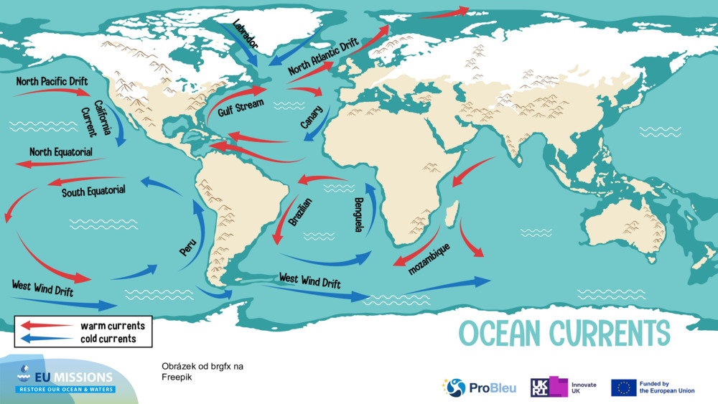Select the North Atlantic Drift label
[323, 58]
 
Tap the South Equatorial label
[93, 192]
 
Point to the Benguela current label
[358, 215]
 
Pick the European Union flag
[623, 387]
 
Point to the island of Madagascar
[452, 213]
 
